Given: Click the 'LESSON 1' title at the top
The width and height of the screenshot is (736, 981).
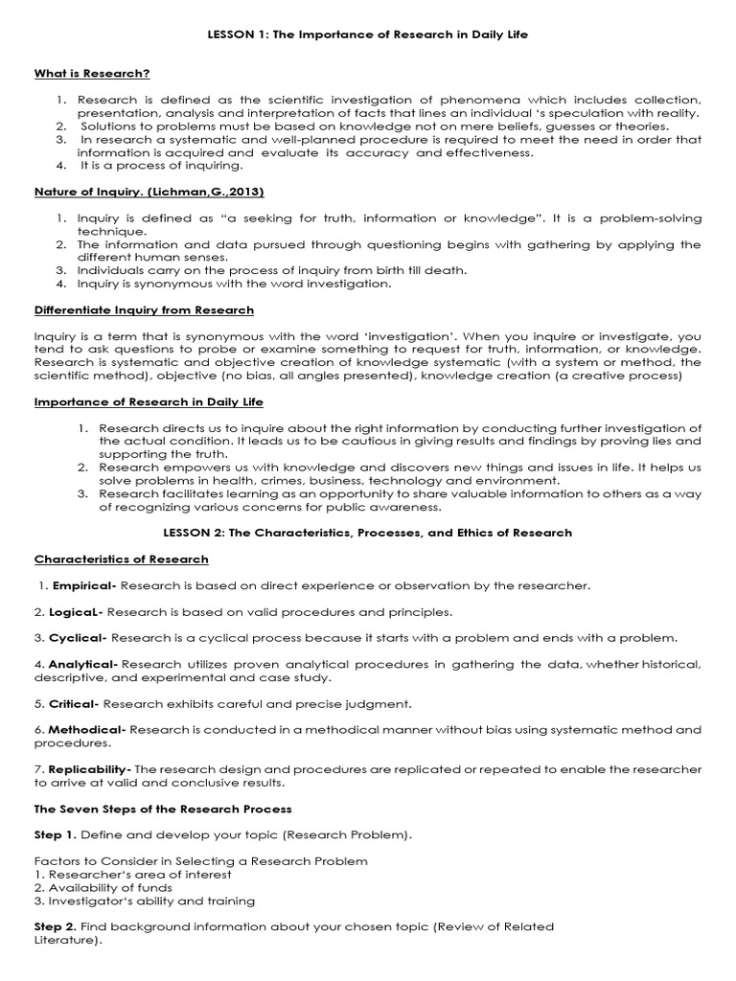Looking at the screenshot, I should pos(368,34).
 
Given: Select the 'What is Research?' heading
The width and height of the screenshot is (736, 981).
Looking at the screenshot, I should pos(92,73).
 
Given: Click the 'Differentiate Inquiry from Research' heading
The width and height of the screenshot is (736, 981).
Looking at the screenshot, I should pos(144,309).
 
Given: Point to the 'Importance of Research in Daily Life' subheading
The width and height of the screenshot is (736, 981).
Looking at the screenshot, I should pos(149,401).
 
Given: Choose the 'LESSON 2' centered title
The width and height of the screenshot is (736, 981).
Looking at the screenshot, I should pos(368,532).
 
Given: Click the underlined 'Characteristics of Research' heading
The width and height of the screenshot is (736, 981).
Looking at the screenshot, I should pos(121,559).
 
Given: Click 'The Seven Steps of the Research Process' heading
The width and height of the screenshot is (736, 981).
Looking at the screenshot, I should pos(163,810).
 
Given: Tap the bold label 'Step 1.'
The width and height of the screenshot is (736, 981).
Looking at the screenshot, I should pos(56,835).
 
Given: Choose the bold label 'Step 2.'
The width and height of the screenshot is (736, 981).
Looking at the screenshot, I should pos(56,927).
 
